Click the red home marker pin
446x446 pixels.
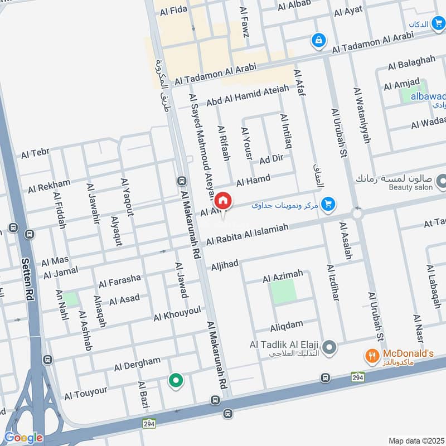(x=223, y=201)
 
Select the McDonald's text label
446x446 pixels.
(x=408, y=353)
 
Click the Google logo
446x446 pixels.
(x=23, y=438)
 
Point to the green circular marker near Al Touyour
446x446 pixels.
(x=176, y=381)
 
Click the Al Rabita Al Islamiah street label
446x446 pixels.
(x=248, y=234)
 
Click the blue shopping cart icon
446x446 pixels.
(x=329, y=204)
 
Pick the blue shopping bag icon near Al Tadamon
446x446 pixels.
(x=318, y=40)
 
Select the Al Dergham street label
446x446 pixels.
(x=137, y=365)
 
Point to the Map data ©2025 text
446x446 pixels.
(x=415, y=440)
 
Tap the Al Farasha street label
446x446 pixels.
(x=120, y=280)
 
